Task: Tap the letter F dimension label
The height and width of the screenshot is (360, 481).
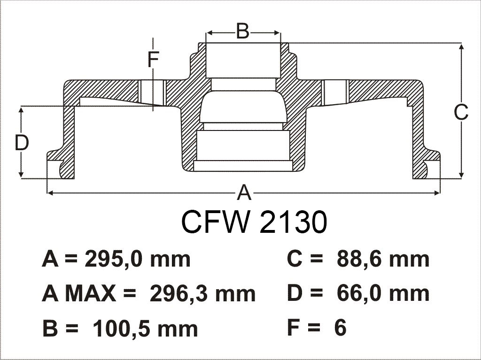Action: [x=153, y=60]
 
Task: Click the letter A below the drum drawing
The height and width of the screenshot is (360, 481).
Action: [x=243, y=192]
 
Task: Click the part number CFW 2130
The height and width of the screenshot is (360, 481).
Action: [x=254, y=222]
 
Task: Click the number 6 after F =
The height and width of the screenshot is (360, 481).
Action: [x=340, y=328]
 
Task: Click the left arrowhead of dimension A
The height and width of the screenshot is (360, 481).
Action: [x=49, y=192]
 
